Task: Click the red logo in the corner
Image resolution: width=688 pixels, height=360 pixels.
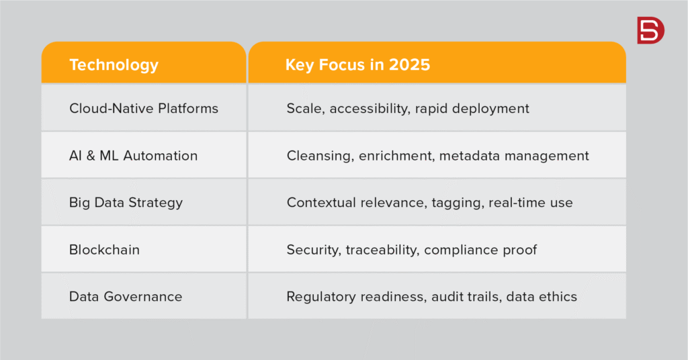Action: pyautogui.click(x=650, y=30)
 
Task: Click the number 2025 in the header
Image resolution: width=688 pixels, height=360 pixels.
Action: pyautogui.click(x=409, y=64)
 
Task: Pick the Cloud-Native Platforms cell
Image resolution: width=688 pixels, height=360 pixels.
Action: pyautogui.click(x=144, y=108)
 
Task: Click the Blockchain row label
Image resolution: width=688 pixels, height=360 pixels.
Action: pyautogui.click(x=104, y=249)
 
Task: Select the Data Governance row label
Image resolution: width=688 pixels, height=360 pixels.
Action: pyautogui.click(x=126, y=296)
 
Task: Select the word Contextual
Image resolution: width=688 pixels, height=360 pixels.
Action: pyautogui.click(x=321, y=203)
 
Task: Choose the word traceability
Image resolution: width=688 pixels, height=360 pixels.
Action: pyautogui.click(x=382, y=250)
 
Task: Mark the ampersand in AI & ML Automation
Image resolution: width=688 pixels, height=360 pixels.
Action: pyautogui.click(x=91, y=156)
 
